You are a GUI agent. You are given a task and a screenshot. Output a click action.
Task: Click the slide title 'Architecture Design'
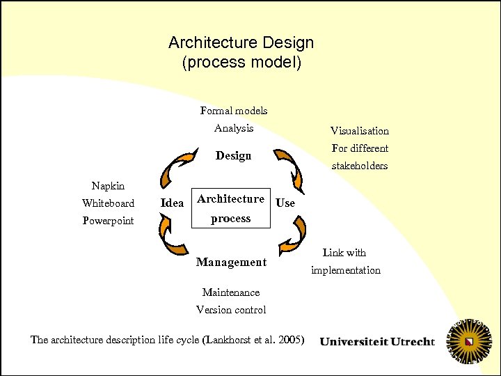pyautogui.click(x=241, y=42)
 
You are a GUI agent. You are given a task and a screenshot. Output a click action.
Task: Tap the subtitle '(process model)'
pyautogui.click(x=241, y=63)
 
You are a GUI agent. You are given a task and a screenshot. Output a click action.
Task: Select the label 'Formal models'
pyautogui.click(x=234, y=111)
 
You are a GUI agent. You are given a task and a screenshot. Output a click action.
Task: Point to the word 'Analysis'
pyautogui.click(x=234, y=128)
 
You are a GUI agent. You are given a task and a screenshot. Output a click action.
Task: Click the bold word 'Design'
pyautogui.click(x=234, y=156)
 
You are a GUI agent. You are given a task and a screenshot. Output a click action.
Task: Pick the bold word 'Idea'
pyautogui.click(x=172, y=203)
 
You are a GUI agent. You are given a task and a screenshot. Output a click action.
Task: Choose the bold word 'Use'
pyautogui.click(x=285, y=203)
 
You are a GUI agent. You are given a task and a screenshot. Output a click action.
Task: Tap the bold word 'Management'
pyautogui.click(x=231, y=263)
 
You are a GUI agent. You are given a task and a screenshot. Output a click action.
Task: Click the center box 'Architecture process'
pyautogui.click(x=231, y=209)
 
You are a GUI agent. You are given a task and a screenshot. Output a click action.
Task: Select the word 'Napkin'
pyautogui.click(x=108, y=186)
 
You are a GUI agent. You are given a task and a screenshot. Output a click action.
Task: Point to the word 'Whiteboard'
pyautogui.click(x=108, y=203)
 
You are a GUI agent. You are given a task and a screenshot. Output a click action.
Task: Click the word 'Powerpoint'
pyautogui.click(x=108, y=221)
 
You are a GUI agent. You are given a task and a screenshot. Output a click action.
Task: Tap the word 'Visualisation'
pyautogui.click(x=360, y=131)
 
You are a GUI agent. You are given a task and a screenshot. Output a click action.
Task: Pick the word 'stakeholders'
pyautogui.click(x=360, y=166)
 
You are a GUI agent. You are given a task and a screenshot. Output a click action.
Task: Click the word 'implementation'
pyautogui.click(x=346, y=270)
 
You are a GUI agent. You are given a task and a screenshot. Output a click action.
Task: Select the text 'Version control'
pyautogui.click(x=231, y=310)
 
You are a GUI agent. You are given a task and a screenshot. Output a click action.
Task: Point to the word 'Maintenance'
pyautogui.click(x=231, y=292)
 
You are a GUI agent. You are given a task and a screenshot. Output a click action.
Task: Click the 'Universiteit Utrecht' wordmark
pyautogui.click(x=377, y=342)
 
